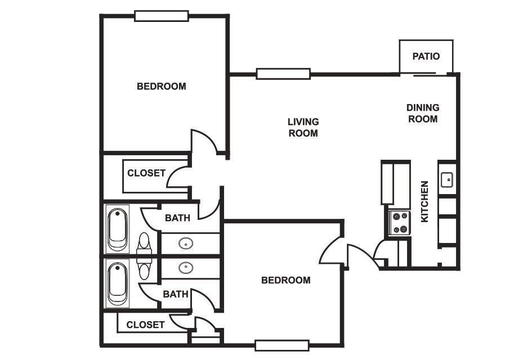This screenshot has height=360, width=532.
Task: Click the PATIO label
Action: point(426,56)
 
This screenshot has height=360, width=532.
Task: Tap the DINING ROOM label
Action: point(423,113)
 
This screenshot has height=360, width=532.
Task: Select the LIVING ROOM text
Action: point(303,128)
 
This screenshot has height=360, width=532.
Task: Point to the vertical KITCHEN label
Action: point(424,201)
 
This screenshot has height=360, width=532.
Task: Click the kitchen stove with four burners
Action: point(399,223)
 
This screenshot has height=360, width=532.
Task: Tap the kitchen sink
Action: point(447,179)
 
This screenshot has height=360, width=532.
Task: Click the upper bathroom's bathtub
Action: point(118,229)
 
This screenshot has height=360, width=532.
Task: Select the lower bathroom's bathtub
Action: point(118,283)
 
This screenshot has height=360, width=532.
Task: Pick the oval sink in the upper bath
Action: point(186,243)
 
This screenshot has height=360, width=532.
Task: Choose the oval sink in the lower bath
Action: point(186,268)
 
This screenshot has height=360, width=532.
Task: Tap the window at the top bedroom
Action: point(162,16)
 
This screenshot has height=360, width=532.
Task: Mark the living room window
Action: point(283,74)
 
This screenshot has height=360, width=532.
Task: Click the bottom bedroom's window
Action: point(282,345)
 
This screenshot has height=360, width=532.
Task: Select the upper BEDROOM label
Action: point(162,87)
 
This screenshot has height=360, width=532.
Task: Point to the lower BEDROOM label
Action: point(286,280)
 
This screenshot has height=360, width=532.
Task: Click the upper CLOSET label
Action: point(146,173)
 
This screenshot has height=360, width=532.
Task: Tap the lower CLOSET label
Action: point(145,325)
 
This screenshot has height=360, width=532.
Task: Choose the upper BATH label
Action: point(177,218)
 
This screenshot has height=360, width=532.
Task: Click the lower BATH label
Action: point(176,294)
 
